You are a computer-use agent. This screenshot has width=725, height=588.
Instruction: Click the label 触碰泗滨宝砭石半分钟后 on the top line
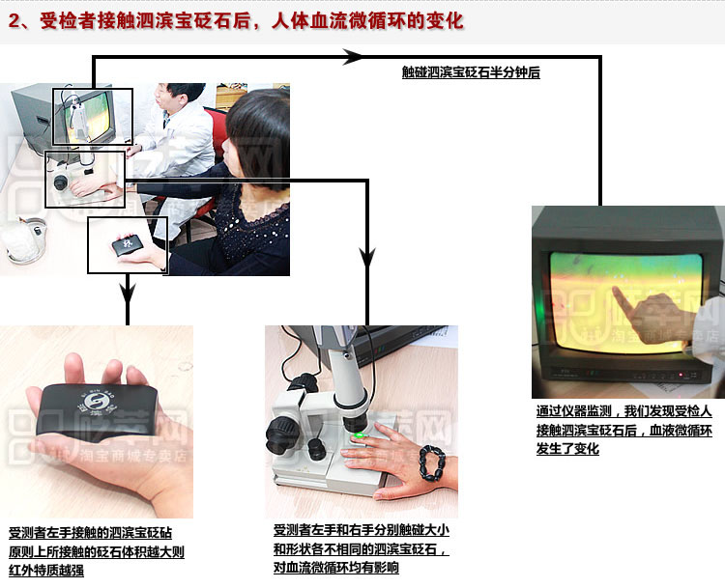click(471, 72)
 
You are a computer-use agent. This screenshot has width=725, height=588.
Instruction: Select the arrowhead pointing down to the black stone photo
click(127, 289)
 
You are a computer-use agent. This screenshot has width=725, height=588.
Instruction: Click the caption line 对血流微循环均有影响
click(336, 569)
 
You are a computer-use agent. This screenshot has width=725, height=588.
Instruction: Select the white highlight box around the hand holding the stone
click(128, 244)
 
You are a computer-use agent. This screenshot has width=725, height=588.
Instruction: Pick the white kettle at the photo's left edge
click(23, 242)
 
